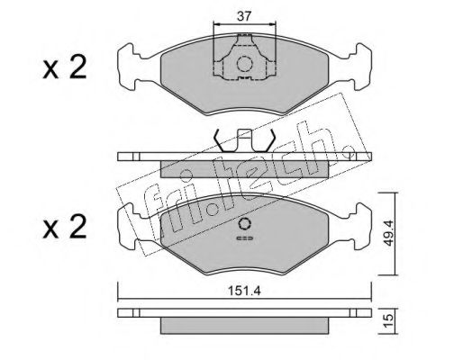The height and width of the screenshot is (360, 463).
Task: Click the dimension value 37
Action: coord(244,16)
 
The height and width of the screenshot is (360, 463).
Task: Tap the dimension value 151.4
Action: coord(244,291)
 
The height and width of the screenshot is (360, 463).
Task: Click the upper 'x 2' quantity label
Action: coord(64,67)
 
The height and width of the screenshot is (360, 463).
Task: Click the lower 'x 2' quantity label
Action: coord(64,227)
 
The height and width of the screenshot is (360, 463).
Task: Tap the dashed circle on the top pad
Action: coord(244,64)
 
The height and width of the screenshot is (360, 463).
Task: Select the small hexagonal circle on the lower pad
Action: coord(244,224)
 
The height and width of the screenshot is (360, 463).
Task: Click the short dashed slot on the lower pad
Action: coord(245,238)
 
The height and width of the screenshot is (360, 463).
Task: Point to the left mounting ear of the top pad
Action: coord(129,67)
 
